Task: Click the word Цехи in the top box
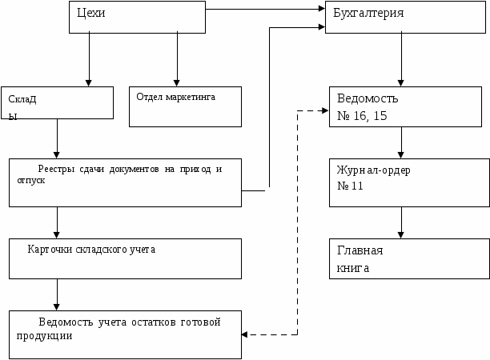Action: point(92,14)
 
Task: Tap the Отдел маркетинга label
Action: point(176,96)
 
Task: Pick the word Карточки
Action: point(50,249)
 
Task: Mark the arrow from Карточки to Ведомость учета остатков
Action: point(57,294)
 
